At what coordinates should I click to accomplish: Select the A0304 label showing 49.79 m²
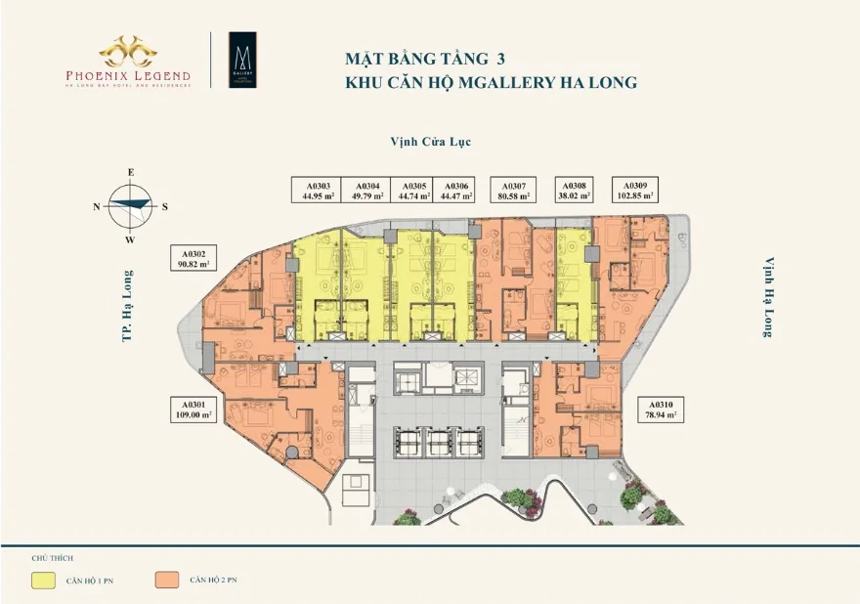point(367,191)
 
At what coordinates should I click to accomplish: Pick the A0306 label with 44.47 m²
point(455,191)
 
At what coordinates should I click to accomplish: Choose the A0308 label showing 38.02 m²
point(574,191)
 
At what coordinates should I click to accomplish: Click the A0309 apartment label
point(634,190)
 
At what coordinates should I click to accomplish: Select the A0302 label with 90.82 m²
point(192,258)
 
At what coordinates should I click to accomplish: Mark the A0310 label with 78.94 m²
point(660,409)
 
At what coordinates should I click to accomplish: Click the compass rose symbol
point(131,206)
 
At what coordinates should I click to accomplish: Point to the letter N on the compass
point(97,206)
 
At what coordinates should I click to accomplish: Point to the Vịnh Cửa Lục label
point(429,142)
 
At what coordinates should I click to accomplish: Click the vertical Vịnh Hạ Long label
point(769,298)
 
